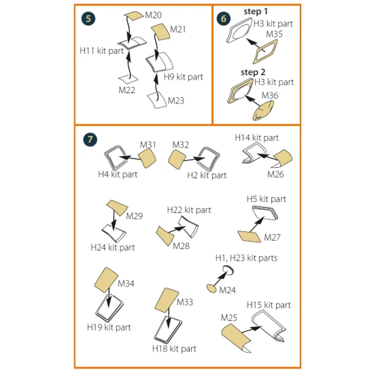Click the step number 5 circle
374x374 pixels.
[88, 18]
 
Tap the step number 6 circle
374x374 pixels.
[224, 18]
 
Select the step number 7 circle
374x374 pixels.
[90, 139]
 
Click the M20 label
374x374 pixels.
[154, 15]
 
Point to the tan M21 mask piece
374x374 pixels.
[160, 31]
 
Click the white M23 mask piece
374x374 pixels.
[156, 100]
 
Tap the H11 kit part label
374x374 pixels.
[101, 51]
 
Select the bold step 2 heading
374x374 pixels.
[253, 72]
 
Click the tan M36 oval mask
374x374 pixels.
[263, 110]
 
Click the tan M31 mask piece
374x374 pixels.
[147, 158]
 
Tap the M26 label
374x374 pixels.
[275, 174]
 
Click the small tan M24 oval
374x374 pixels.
[211, 288]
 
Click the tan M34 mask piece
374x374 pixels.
[106, 279]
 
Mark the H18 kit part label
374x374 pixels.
[174, 349]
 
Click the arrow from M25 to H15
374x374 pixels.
[252, 330]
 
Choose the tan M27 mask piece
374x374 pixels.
[250, 237]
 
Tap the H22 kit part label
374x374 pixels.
[189, 210]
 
